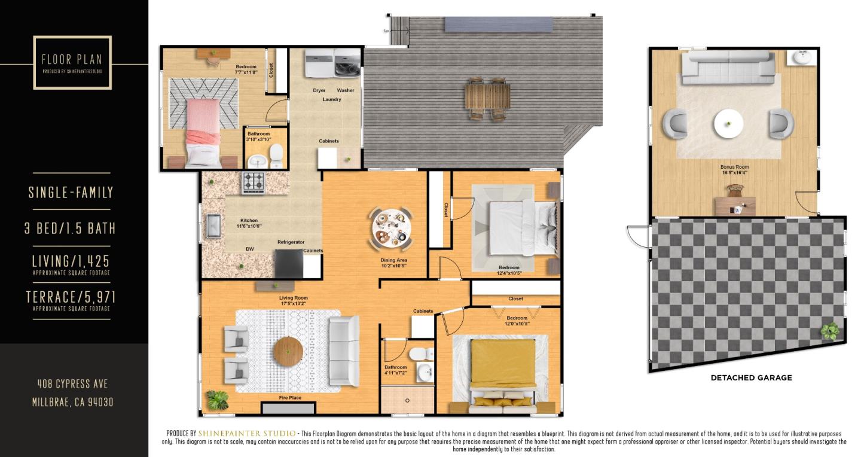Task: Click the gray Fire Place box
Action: (x=288, y=409)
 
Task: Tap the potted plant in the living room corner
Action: (x=216, y=399)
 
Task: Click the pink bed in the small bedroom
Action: (x=203, y=132)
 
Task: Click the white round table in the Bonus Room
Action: (x=728, y=124)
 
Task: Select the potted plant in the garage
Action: (x=830, y=331)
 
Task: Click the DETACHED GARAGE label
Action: (x=751, y=378)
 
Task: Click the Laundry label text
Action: (x=331, y=99)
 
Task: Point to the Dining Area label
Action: (x=395, y=260)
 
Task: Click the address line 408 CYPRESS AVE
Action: (x=72, y=384)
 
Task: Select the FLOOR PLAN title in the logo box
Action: (x=72, y=59)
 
